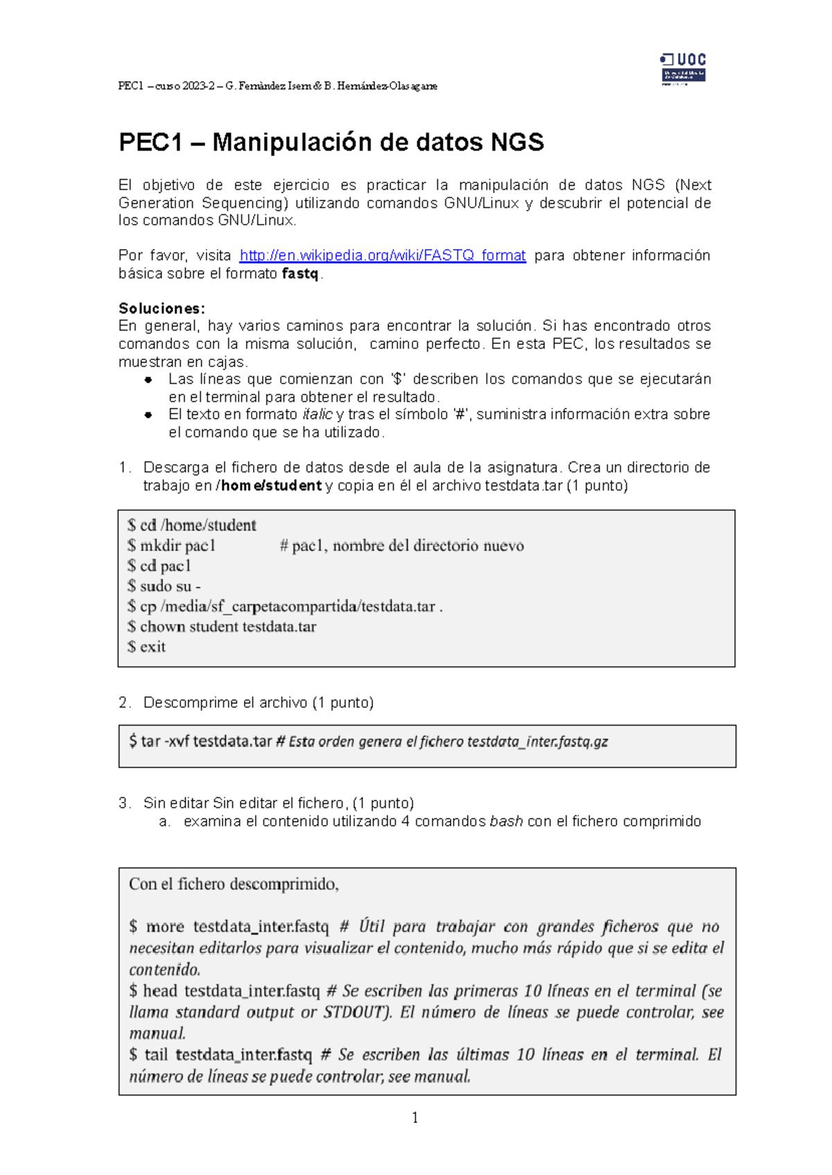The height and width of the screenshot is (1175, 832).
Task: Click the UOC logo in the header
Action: pos(683,69)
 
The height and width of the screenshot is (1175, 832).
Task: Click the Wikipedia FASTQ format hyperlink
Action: pos(382,255)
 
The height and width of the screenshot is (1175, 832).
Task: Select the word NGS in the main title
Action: pos(517,142)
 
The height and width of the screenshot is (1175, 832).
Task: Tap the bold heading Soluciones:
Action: pos(162,308)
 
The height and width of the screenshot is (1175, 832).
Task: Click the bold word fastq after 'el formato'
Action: pos(300,273)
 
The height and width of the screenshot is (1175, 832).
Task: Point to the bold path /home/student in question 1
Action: pos(269,486)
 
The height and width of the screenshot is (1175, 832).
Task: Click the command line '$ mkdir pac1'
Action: pos(171,546)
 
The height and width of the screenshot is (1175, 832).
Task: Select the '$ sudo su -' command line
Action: pos(164,586)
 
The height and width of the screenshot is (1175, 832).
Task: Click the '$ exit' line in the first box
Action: pos(146,646)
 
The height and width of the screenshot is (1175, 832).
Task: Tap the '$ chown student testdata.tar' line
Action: pos(222,626)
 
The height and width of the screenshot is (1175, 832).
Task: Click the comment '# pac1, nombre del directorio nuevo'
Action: pos(401,546)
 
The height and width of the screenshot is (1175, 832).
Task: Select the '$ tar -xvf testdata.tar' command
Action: pos(200,741)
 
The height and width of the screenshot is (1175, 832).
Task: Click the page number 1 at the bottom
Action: pos(415,1117)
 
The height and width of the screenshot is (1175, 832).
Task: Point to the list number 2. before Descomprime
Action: pos(124,703)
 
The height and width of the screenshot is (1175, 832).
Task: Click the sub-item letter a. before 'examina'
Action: pos(164,821)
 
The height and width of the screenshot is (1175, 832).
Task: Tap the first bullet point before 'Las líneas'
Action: pos(148,379)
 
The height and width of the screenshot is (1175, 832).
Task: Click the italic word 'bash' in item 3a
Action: pos(506,821)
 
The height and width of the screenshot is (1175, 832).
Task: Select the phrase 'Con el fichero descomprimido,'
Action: pos(234,884)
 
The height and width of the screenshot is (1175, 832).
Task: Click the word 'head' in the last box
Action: pos(160,990)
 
